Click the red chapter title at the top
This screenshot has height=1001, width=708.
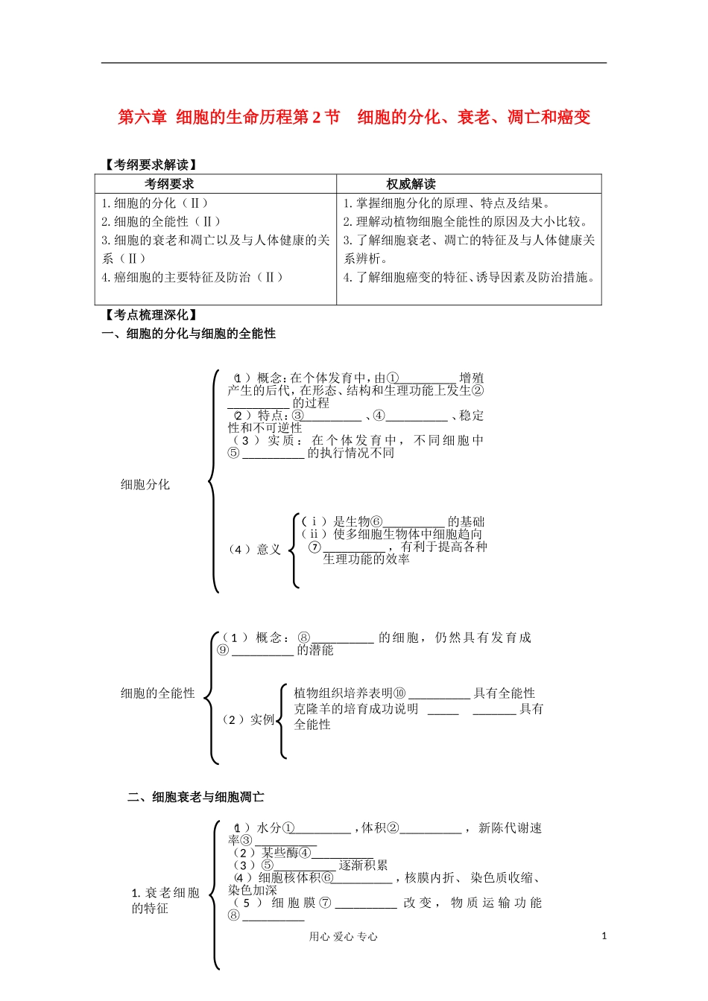click(354, 117)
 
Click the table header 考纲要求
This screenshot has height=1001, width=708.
click(169, 184)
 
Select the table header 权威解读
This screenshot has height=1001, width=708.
click(411, 184)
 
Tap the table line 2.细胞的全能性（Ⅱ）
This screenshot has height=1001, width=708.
click(161, 221)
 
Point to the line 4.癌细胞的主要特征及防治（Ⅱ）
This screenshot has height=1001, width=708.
click(192, 277)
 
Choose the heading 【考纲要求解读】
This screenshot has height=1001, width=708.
click(151, 165)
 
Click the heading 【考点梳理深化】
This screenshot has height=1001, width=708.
click(151, 315)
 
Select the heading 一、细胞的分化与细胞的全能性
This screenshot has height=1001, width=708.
click(189, 334)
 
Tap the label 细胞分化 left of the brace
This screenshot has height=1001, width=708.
click(145, 484)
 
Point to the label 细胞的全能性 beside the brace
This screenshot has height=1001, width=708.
click(157, 693)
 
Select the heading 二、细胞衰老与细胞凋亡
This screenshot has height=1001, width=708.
click(195, 797)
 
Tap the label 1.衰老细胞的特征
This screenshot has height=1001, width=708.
click(165, 900)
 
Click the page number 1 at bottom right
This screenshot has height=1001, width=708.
click(604, 936)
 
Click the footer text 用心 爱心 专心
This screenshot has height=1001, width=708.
click(344, 937)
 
